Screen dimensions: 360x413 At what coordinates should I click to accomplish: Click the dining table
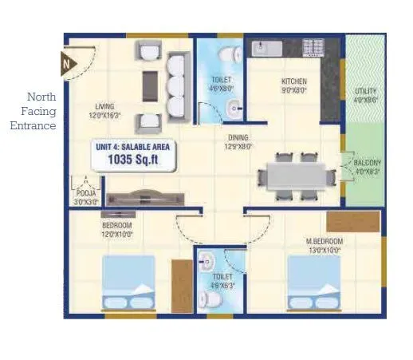point(295,174)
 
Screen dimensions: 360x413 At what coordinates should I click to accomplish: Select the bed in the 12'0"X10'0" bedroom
point(129,284)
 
